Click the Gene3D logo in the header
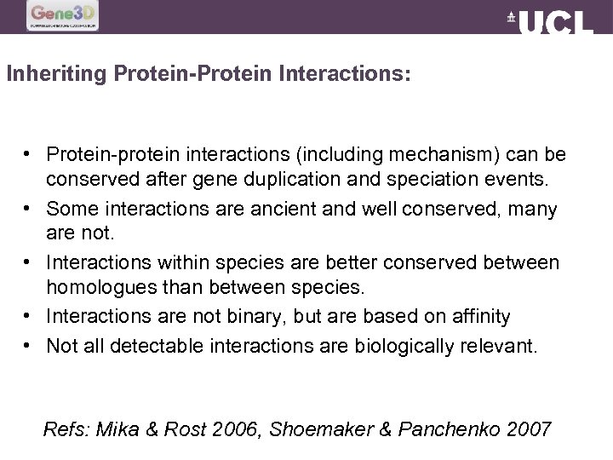(63, 15)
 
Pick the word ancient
(270, 209)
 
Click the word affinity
(480, 316)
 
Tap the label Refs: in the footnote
(66, 429)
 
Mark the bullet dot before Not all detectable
(29, 345)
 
